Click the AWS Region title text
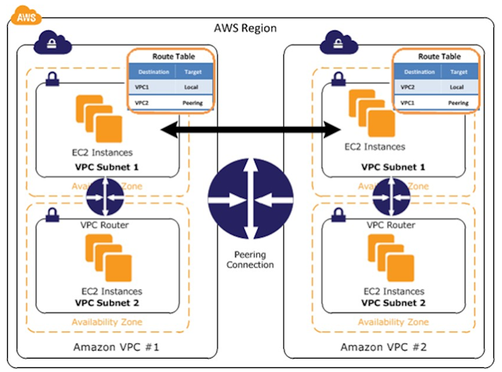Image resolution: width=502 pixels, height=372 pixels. pos(245,29)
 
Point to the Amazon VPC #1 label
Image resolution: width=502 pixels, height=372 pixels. pos(115,346)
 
